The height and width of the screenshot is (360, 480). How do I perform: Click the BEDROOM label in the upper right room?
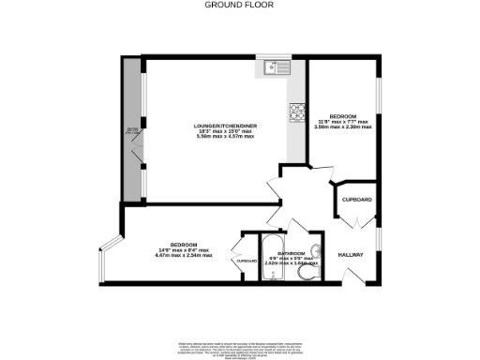(x=342, y=115)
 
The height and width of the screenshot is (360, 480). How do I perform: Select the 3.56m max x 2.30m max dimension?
(x=342, y=127)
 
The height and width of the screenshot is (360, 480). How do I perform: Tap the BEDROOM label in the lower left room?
(x=184, y=244)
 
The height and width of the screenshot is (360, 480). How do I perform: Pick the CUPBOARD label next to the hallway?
(x=357, y=200)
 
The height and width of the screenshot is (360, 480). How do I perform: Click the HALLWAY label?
(x=351, y=253)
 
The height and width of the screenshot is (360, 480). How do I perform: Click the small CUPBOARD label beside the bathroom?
(x=247, y=261)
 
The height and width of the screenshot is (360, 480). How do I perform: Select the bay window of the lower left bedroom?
(x=108, y=262)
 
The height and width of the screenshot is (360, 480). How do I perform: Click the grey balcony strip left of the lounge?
(x=132, y=131)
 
